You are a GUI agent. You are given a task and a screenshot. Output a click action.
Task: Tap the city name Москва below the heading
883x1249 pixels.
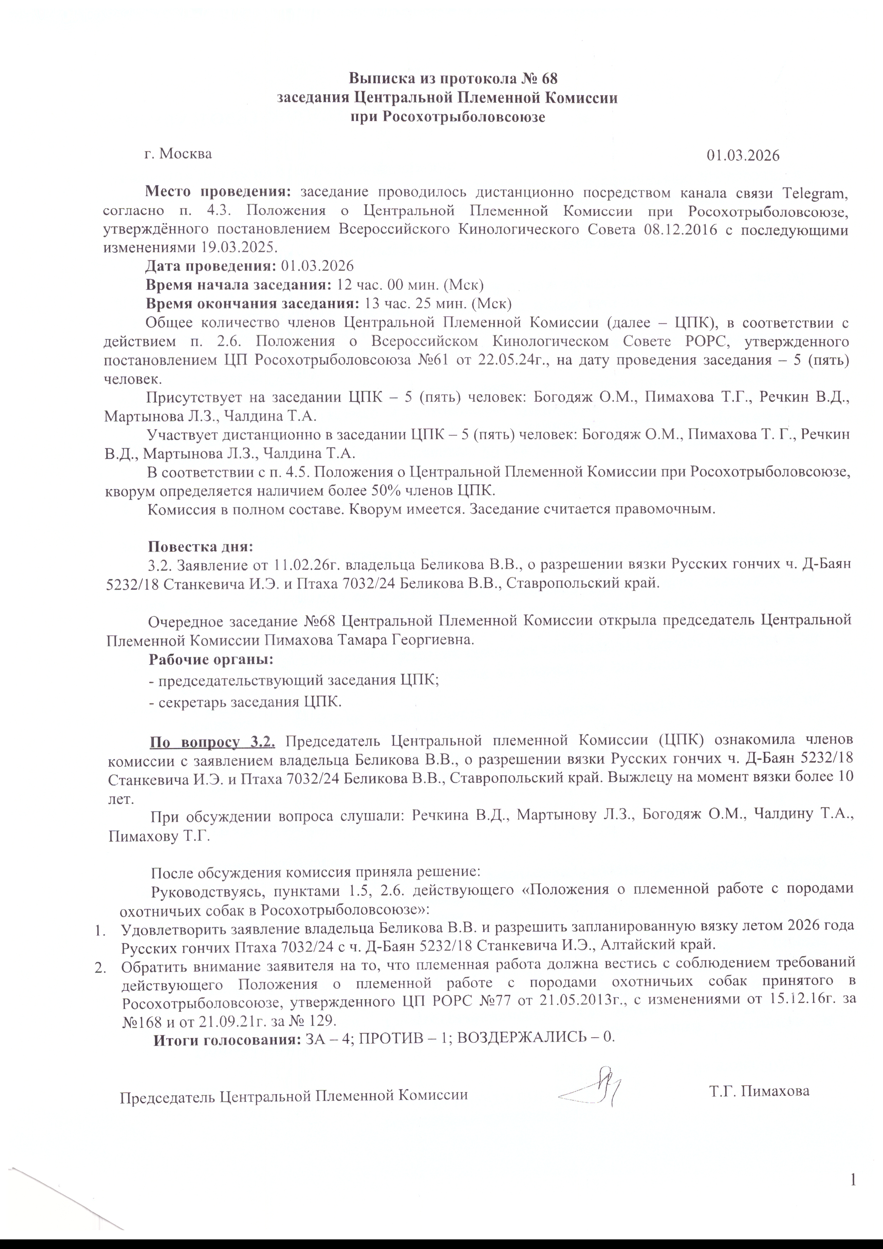point(187,154)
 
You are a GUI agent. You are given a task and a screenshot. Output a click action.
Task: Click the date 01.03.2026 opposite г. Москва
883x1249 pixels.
point(743,156)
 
